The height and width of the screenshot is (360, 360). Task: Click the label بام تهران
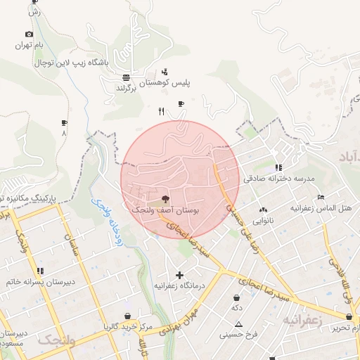31,46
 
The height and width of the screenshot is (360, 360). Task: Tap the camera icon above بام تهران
29,34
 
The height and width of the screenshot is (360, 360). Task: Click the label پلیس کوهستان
165,82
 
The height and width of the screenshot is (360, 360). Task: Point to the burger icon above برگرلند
125,77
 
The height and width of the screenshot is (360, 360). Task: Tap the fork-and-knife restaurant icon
161,111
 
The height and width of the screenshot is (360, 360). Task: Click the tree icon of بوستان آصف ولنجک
165,199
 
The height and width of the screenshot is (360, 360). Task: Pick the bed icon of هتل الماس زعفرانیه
321,198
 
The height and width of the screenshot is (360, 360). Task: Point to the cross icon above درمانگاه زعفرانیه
179,275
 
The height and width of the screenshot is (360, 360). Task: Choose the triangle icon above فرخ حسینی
238,324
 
